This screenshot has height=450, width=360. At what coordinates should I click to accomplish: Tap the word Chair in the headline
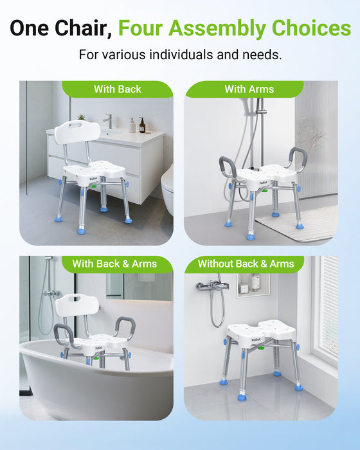coord(81,28)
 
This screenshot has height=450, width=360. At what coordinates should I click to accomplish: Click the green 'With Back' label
coord(117,89)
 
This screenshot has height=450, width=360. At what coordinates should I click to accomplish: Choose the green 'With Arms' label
coord(249,89)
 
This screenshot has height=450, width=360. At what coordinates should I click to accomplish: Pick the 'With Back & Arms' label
coord(114,264)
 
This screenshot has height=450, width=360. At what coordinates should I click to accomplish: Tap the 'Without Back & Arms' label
coord(246,264)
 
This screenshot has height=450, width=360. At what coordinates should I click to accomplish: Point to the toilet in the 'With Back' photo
coord(166,186)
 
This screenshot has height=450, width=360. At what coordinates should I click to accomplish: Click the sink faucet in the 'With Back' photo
coord(108,121)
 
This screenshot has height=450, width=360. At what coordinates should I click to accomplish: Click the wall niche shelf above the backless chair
coord(253,284)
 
